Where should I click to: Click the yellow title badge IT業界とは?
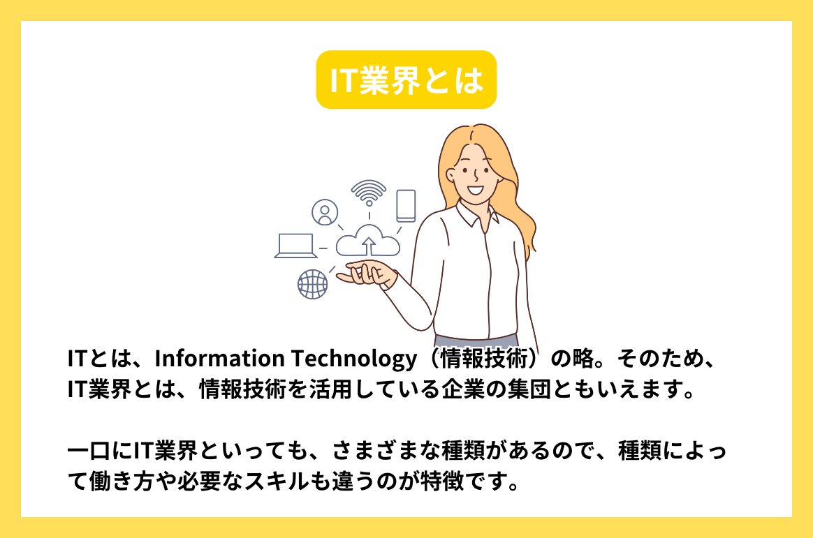tap(406, 80)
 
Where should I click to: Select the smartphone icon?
tap(406, 206)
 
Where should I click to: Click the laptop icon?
tap(295, 246)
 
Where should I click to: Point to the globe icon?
tap(312, 284)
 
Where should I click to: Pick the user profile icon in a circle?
tap(325, 212)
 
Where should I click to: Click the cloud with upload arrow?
tap(368, 241)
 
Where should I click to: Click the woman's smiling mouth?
tap(474, 188)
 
